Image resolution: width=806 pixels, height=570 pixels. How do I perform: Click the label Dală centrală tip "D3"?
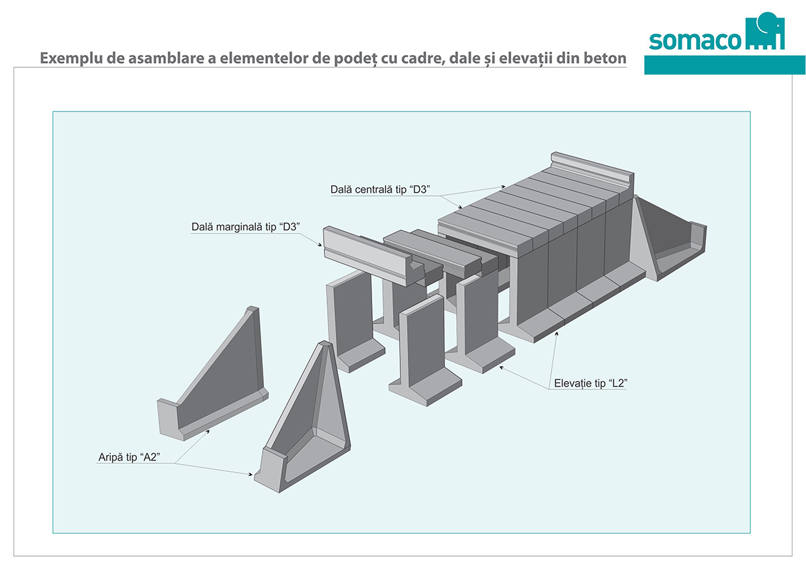[379, 190]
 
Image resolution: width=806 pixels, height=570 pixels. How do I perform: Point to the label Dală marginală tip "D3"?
[244, 228]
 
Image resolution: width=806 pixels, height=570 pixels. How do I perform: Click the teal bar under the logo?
[724, 65]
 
